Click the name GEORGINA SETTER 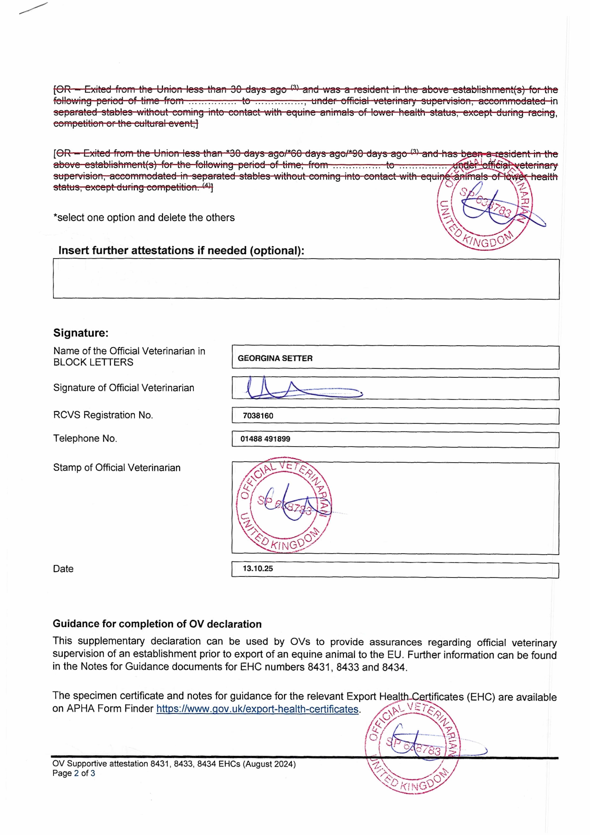click(275, 358)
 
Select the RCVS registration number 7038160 click(258, 416)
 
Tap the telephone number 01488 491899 click(265, 439)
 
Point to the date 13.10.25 click(258, 568)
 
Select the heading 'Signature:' click(81, 333)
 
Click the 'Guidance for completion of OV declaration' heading click(157, 624)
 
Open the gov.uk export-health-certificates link click(257, 709)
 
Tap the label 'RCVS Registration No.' click(103, 415)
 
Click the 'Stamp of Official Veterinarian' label click(117, 468)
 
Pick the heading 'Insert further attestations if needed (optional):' click(181, 251)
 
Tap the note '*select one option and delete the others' click(144, 217)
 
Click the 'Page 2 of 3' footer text click(74, 773)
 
